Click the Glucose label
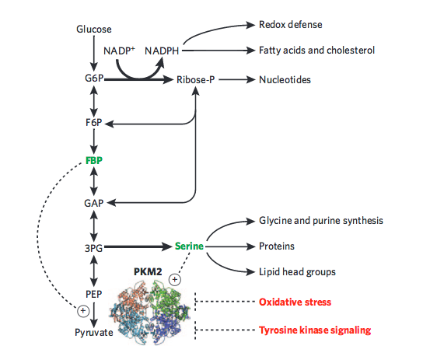[x=94, y=29]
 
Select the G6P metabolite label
[x=94, y=79]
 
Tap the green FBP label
[x=94, y=160]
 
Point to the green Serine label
[x=189, y=246]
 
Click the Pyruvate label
[x=94, y=333]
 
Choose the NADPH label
[x=162, y=51]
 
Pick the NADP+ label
[x=119, y=51]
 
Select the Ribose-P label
[x=196, y=80]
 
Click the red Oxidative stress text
[x=295, y=302]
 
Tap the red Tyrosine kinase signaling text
[x=315, y=330]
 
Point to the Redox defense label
[x=291, y=25]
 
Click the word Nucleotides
[x=285, y=80]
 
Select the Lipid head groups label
[x=297, y=272]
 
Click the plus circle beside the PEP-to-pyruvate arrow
[x=83, y=311]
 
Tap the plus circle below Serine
[x=175, y=279]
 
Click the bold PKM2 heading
[x=148, y=271]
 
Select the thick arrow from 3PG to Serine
[x=138, y=246]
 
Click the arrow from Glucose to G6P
[x=94, y=54]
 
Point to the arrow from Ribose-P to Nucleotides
[x=237, y=80]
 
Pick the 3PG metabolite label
[x=94, y=248]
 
